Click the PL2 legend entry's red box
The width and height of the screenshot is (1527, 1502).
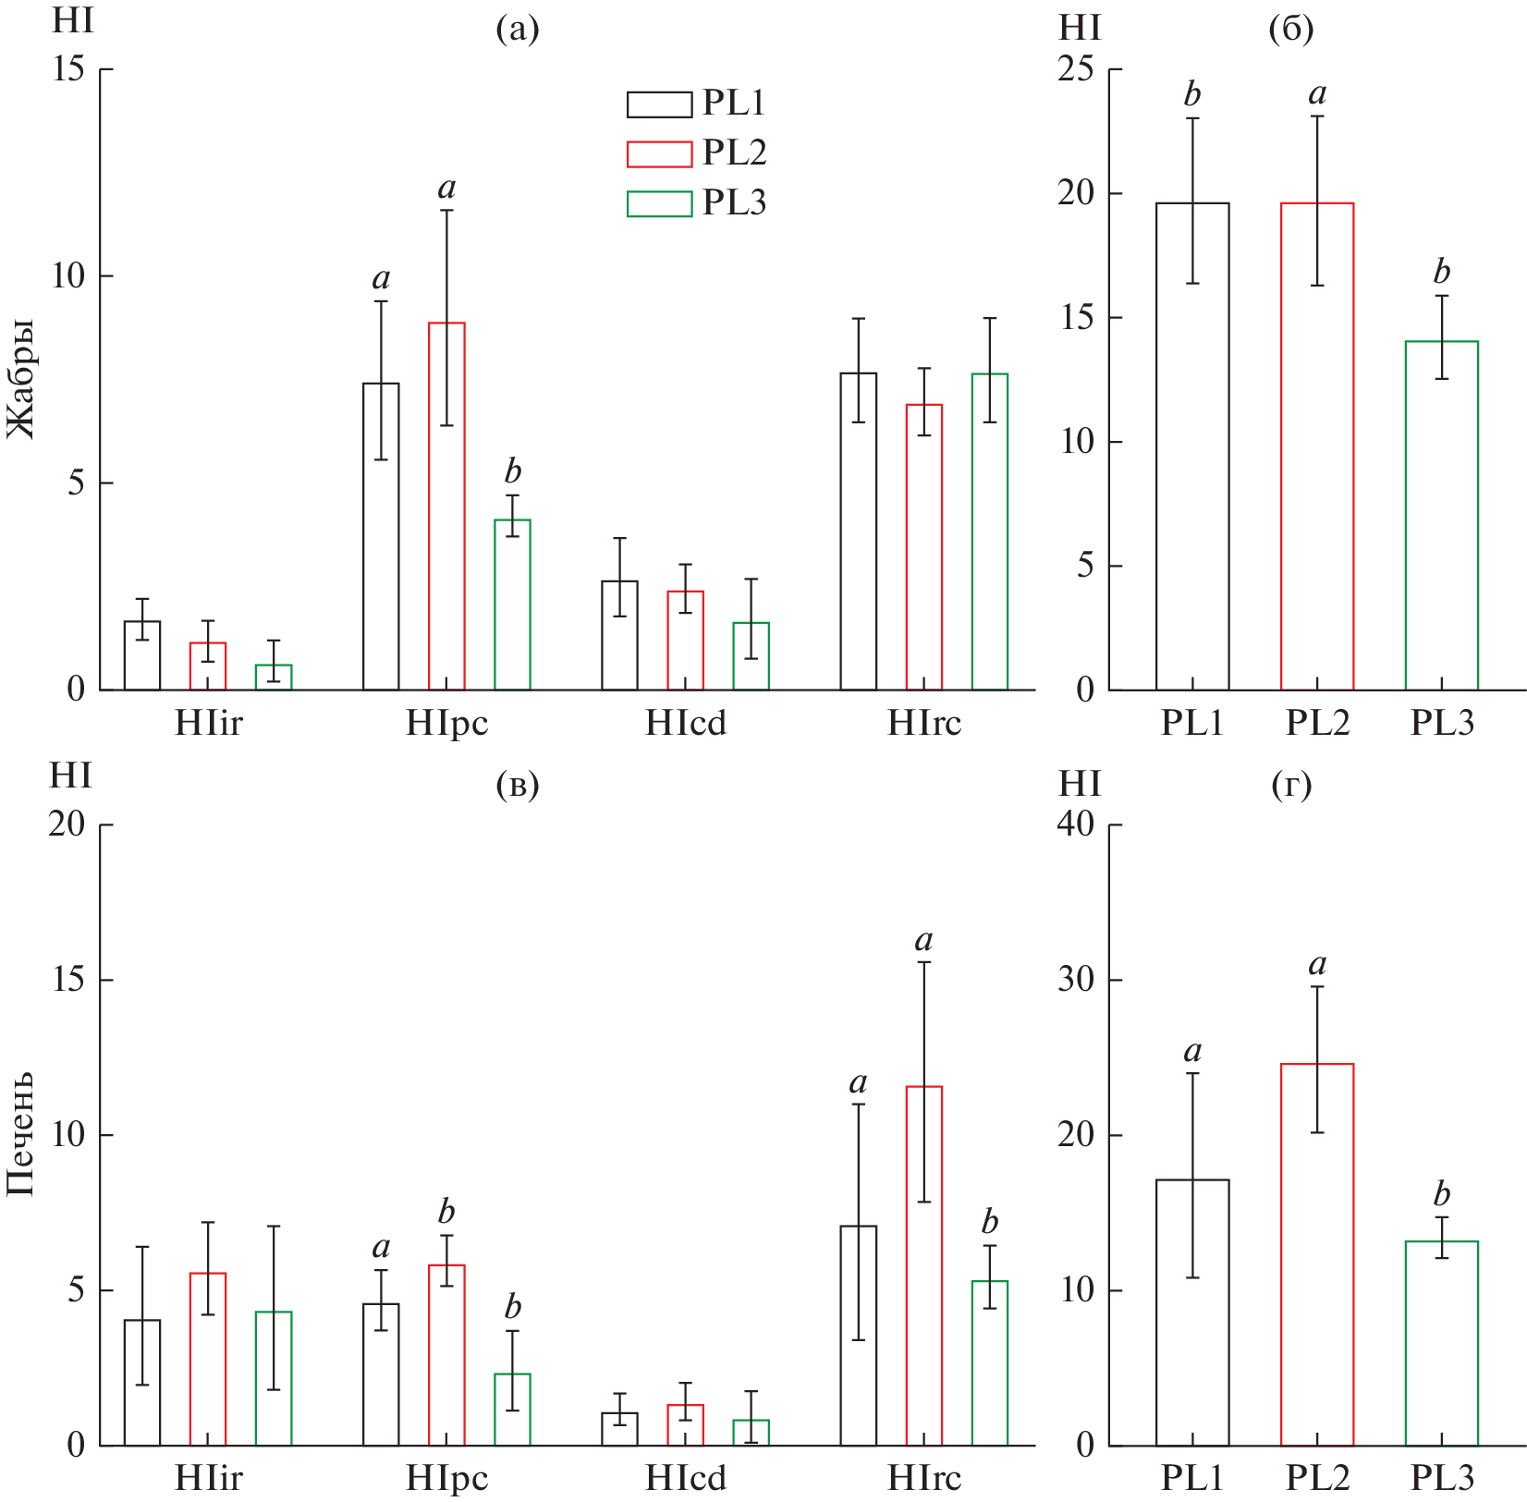(x=659, y=154)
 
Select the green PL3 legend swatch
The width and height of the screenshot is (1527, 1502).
(x=659, y=203)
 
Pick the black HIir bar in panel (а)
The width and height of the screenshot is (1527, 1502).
(x=142, y=655)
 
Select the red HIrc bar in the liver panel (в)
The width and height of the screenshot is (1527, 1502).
(x=923, y=1265)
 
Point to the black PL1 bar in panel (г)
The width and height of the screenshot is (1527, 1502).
(x=1192, y=1312)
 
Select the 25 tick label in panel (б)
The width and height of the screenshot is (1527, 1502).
(x=1076, y=69)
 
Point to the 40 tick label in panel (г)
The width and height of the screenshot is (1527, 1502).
(x=1076, y=824)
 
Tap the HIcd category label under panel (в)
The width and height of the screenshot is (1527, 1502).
(x=686, y=1478)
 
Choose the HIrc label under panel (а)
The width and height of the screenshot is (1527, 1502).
(x=923, y=723)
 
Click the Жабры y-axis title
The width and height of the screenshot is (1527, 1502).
(x=21, y=379)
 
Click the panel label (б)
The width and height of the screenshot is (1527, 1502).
(x=1291, y=31)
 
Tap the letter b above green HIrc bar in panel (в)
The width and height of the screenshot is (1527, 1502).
(x=990, y=1222)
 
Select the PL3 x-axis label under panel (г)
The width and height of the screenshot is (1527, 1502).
(x=1441, y=1478)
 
